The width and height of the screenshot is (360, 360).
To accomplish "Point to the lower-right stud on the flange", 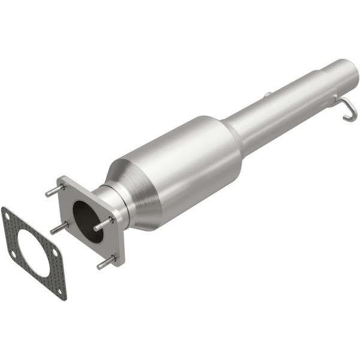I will pyautogui.click(x=106, y=262).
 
